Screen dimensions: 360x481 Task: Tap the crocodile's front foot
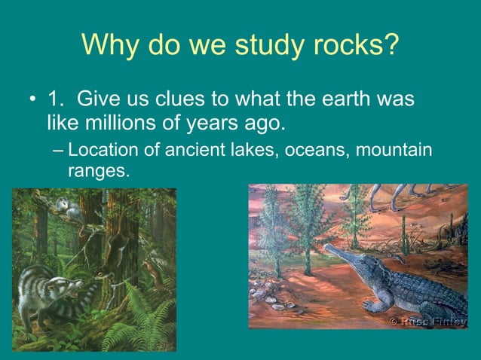[x=372, y=307]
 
